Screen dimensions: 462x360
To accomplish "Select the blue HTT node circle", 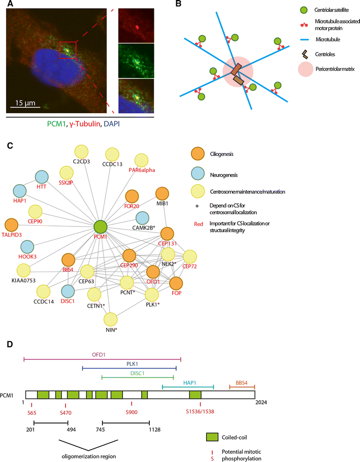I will (42, 178).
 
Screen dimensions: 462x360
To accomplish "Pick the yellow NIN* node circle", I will (112, 320).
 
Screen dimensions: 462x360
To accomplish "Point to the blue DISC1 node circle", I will (69, 291).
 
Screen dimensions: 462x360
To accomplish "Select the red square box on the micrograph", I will (68, 50).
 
